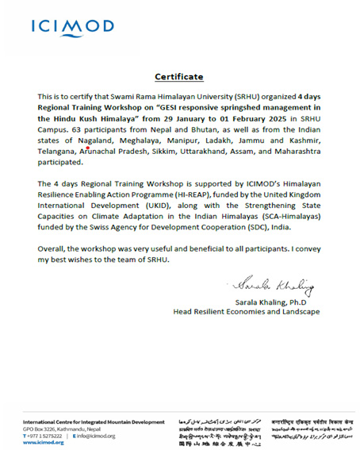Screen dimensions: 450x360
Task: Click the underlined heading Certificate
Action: coord(178,77)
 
